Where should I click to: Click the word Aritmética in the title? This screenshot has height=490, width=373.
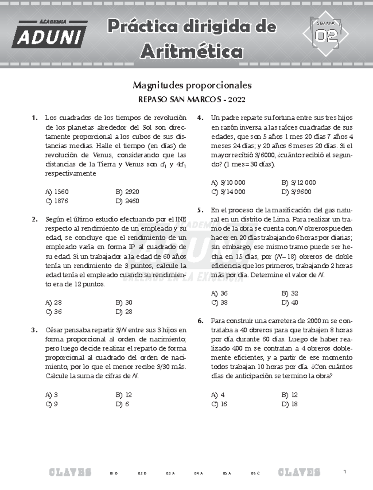[191, 52]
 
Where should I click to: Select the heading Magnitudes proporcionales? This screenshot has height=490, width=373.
[192, 85]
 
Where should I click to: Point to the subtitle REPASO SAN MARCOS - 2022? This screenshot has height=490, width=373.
[192, 100]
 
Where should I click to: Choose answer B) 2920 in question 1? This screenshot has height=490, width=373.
[127, 192]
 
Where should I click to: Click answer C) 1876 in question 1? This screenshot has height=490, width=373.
[57, 201]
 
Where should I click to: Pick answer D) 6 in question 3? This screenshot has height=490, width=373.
[122, 404]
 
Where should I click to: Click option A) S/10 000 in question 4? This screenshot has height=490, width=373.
[228, 183]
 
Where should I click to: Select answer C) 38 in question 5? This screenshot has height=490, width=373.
[219, 303]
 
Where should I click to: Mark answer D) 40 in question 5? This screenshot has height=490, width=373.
[290, 303]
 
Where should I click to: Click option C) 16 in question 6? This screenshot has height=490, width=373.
[219, 404]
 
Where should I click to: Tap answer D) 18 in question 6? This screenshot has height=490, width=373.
[289, 404]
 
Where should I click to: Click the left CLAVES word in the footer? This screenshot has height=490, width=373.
[70, 473]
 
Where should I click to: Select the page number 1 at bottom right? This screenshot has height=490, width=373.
[345, 472]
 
